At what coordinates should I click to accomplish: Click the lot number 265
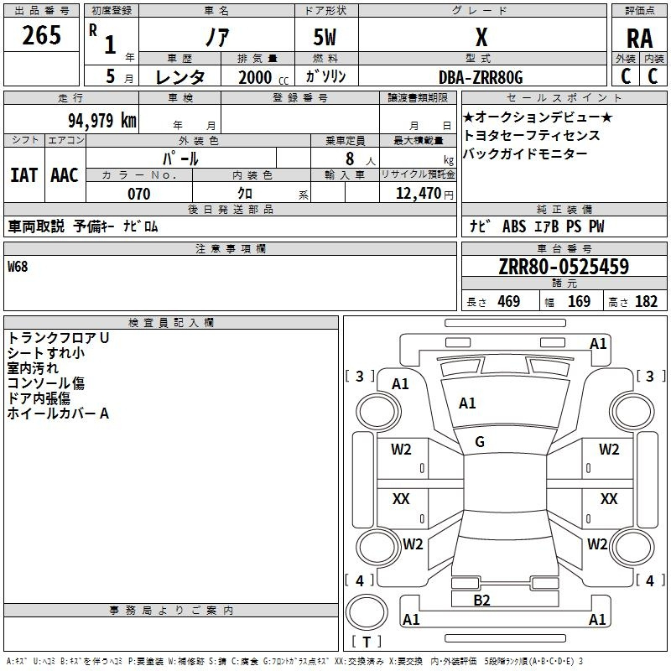(x=41, y=35)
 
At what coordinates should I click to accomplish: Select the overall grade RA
(x=639, y=39)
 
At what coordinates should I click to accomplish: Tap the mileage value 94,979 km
(x=101, y=121)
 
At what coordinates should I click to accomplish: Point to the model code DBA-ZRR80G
(x=481, y=77)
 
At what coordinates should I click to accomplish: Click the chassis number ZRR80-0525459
(x=564, y=266)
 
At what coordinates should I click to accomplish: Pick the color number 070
(x=139, y=194)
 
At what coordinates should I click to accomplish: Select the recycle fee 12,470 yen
(x=424, y=194)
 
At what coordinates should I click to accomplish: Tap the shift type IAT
(x=23, y=175)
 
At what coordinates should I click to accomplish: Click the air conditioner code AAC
(x=65, y=175)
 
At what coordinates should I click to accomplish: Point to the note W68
(x=18, y=267)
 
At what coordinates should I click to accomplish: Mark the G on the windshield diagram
(x=480, y=442)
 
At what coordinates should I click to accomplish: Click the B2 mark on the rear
(x=481, y=601)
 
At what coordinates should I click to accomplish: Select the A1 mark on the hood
(x=467, y=403)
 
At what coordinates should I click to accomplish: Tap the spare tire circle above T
(x=367, y=612)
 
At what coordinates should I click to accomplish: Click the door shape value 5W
(x=325, y=37)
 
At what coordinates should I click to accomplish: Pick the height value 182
(x=646, y=301)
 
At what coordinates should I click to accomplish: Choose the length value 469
(x=509, y=301)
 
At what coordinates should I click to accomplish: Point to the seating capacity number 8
(x=350, y=159)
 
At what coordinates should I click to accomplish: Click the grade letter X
(x=481, y=37)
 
